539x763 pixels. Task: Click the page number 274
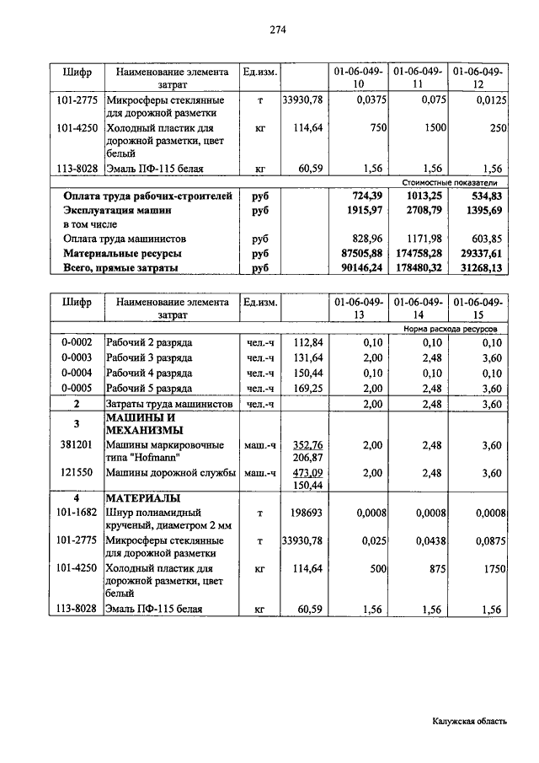tap(278, 30)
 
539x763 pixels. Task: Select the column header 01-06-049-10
tap(360, 78)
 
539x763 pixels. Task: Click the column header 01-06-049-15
tap(478, 308)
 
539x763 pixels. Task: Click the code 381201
tap(77, 444)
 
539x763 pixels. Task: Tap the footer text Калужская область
tap(470, 721)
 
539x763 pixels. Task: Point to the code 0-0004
tap(77, 373)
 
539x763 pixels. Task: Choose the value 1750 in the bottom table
tap(490, 569)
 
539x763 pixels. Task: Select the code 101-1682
tap(77, 512)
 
